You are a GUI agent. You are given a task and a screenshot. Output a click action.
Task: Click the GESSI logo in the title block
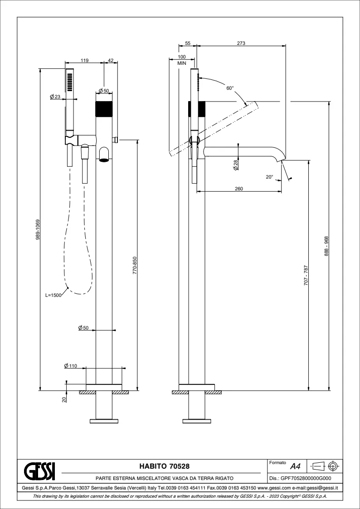pos(39,470)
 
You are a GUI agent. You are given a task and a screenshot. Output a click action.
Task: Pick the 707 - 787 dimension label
pos(306,275)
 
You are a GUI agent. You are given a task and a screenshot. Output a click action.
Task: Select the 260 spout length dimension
pos(238,189)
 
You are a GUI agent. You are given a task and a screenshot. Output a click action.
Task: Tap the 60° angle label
pos(230,88)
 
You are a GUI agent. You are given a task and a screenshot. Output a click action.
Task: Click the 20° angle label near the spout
pos(269,176)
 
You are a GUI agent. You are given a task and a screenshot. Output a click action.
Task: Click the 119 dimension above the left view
pos(84,60)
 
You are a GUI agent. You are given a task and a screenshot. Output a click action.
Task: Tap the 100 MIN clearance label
pos(182,60)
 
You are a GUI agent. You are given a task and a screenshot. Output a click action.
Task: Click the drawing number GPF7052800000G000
pos(301,478)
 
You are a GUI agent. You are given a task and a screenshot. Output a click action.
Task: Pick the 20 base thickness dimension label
pos(64,399)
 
